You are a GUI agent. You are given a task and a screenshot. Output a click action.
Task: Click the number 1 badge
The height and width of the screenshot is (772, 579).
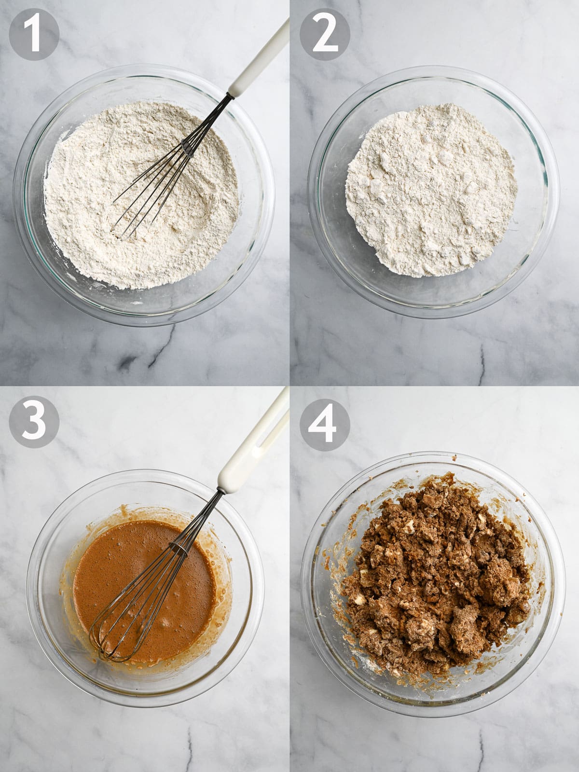(34, 34)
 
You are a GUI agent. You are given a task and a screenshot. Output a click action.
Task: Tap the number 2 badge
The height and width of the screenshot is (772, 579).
(325, 34)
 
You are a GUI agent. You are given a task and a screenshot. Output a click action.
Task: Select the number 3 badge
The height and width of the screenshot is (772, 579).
(34, 422)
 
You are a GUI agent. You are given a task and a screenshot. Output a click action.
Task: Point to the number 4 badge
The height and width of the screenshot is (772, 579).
(325, 425)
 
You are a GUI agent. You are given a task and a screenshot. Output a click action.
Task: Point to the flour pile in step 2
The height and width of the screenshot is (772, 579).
(431, 190)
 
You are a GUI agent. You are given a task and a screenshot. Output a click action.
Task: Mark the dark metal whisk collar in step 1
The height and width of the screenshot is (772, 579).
(189, 147)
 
